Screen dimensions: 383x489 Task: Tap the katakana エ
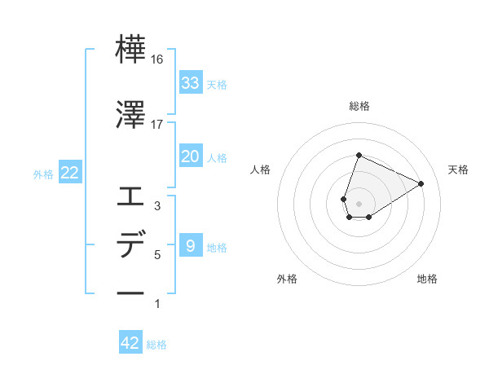pyautogui.click(x=130, y=196)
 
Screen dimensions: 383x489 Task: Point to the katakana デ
pyautogui.click(x=130, y=244)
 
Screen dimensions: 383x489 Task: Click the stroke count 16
pyautogui.click(x=157, y=59)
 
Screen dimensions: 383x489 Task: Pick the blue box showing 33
pyautogui.click(x=190, y=83)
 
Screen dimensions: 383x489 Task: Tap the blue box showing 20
pyautogui.click(x=190, y=156)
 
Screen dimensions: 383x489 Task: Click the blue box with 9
pyautogui.click(x=190, y=245)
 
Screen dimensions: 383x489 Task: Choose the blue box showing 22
pyautogui.click(x=69, y=174)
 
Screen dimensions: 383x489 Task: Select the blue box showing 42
pyautogui.click(x=130, y=343)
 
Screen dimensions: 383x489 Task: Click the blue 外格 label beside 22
pyautogui.click(x=43, y=174)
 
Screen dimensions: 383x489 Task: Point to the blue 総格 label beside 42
pyautogui.click(x=156, y=345)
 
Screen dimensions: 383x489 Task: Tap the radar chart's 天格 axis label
pyautogui.click(x=458, y=169)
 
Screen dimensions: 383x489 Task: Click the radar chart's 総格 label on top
pyautogui.click(x=359, y=106)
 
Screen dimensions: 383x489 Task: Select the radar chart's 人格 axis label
pyautogui.click(x=261, y=169)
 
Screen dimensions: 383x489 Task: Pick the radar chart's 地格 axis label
pyautogui.click(x=427, y=279)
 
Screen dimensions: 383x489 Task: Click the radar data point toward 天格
pyautogui.click(x=421, y=184)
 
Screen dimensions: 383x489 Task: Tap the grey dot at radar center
pyautogui.click(x=359, y=203)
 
